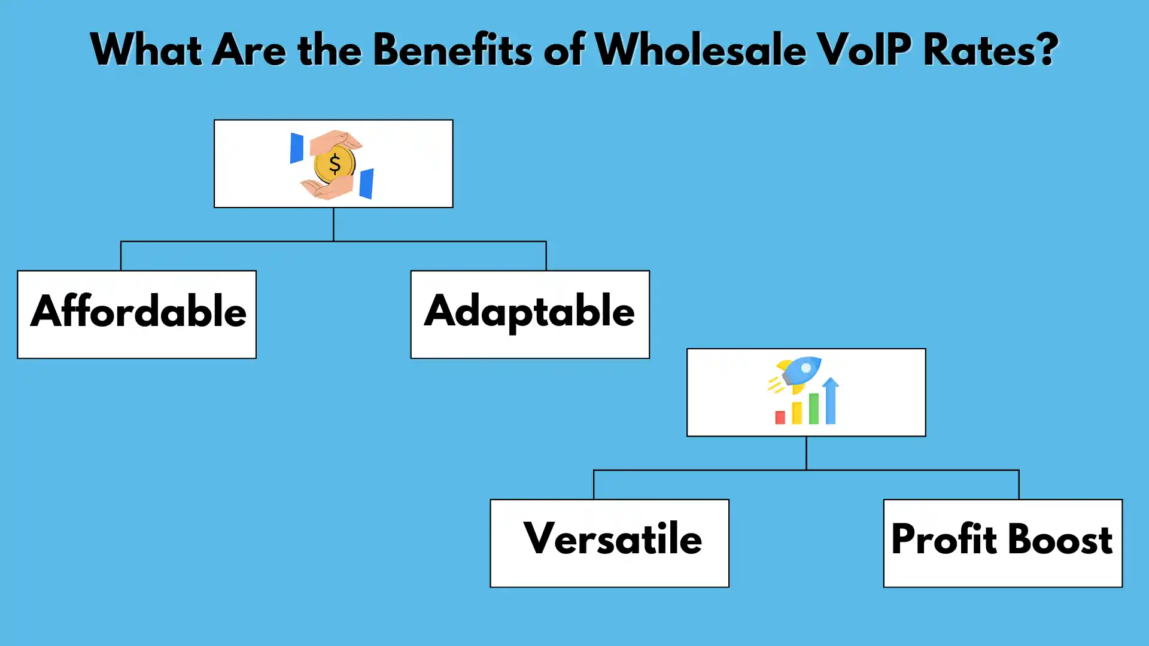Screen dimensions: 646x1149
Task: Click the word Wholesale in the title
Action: (700, 50)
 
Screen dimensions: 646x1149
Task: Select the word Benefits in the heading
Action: (452, 50)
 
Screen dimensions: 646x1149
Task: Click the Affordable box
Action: (137, 315)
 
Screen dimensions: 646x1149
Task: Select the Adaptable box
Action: (530, 315)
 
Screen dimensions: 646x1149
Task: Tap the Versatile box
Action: (609, 543)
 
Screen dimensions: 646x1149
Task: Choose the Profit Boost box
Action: (1002, 543)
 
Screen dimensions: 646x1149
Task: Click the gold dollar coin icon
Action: (334, 164)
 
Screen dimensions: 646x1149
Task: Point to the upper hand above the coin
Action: (336, 142)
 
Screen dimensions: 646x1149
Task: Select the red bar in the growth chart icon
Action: (780, 418)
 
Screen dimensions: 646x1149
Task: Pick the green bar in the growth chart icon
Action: (813, 409)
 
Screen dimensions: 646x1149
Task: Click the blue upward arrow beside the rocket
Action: (830, 401)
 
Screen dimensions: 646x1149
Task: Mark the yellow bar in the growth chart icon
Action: (797, 413)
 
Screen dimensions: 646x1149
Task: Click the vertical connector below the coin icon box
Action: (333, 224)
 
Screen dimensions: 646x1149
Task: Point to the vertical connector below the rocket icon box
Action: (806, 453)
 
